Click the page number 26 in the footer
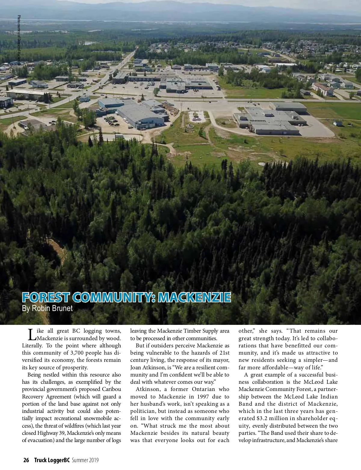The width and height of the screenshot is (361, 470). point(26,460)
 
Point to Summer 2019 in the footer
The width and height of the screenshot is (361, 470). point(85,460)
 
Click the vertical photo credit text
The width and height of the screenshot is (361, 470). point(19,41)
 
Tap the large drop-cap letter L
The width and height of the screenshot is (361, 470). point(31,333)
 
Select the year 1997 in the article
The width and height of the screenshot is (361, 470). point(199,397)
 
